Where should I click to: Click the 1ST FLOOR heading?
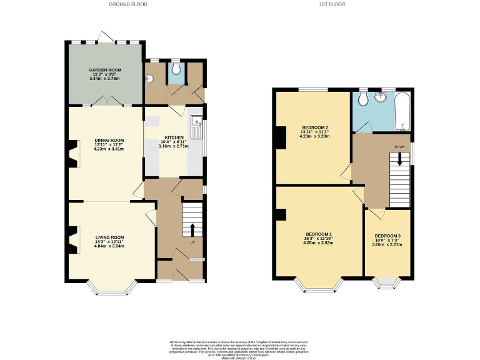click(332, 4)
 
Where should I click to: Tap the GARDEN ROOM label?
click(105, 70)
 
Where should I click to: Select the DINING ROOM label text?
click(109, 140)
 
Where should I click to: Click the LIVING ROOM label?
click(110, 237)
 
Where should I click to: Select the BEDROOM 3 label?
click(388, 235)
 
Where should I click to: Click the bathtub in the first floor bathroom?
click(402, 111)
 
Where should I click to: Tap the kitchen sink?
click(196, 127)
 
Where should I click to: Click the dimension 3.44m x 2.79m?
click(105, 79)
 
